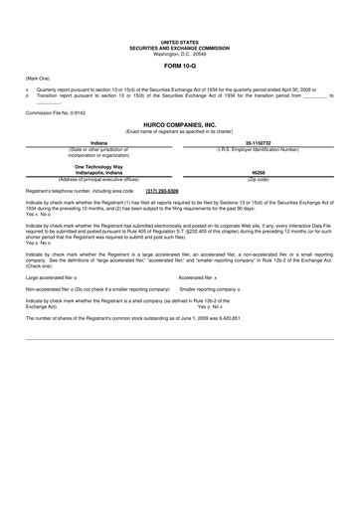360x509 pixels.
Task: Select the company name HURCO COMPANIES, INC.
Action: (x=179, y=124)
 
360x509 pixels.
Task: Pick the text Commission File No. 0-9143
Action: (x=59, y=113)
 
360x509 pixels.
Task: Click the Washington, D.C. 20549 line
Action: (x=179, y=52)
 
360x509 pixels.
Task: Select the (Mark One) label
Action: (x=37, y=78)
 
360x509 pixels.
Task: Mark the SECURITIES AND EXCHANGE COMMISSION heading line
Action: (x=179, y=47)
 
